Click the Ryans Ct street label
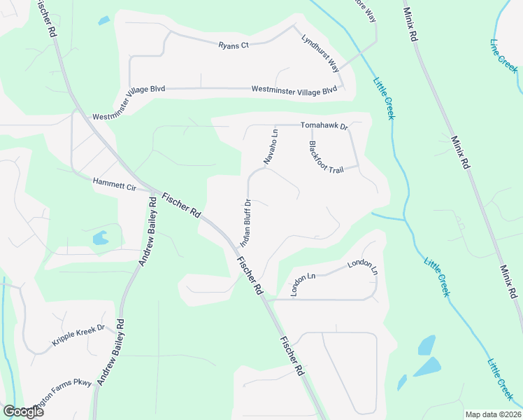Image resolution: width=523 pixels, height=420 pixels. [x=234, y=45]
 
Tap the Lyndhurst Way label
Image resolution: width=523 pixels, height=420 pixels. [x=320, y=52]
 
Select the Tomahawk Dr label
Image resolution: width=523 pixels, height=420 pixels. [x=324, y=126]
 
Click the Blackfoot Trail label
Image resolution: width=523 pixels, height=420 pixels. [x=326, y=158]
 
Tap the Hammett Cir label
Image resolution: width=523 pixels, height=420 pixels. [x=113, y=185]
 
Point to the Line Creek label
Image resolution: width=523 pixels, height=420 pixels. [x=503, y=56]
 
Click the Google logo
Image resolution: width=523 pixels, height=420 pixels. [x=23, y=412]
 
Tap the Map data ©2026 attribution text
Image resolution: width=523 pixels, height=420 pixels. [x=493, y=414]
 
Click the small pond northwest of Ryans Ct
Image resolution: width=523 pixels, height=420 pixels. [x=103, y=20]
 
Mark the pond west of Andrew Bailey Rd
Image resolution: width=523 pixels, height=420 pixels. [x=100, y=238]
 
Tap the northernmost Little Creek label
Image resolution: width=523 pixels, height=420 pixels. [x=384, y=97]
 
